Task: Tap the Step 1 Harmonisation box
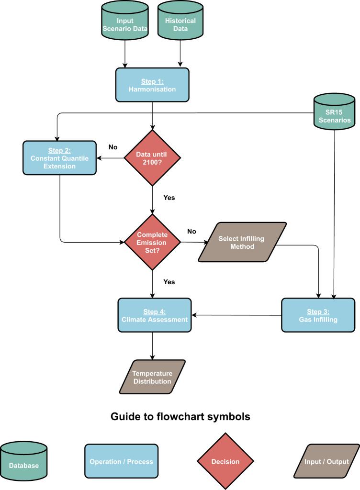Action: [x=152, y=85]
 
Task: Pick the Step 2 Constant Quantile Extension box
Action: [x=60, y=158]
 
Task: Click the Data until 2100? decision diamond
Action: [x=152, y=157]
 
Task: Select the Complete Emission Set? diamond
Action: [x=152, y=242]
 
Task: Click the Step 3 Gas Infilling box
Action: [x=317, y=315]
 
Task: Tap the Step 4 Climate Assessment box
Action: [x=154, y=315]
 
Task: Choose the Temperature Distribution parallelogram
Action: [x=152, y=377]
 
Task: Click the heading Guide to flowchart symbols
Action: [x=180, y=417]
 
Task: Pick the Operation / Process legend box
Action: [x=121, y=462]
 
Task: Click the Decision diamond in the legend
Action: [x=225, y=462]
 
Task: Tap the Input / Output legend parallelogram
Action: [x=327, y=462]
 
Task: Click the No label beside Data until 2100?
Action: [x=113, y=147]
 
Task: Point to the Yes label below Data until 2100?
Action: [x=169, y=197]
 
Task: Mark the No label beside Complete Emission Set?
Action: [x=191, y=231]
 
